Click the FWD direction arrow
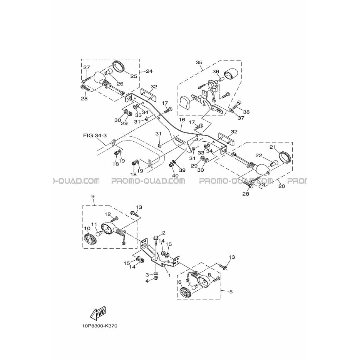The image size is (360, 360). [x=98, y=313]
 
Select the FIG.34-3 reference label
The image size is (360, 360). [x=95, y=136]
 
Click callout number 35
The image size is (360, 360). [x=199, y=62]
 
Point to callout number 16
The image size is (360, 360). [x=182, y=120]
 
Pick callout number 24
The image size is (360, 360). [x=149, y=71]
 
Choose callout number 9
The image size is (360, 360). [x=93, y=196]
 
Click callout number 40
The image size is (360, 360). [x=175, y=176]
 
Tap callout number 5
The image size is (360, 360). [x=231, y=291]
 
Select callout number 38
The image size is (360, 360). [x=246, y=112]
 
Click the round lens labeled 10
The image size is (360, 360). [x=90, y=239]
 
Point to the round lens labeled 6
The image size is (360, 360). [x=185, y=292]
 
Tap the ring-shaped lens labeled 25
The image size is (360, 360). [x=119, y=67]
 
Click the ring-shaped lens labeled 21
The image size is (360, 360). [x=285, y=158]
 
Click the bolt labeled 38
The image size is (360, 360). [x=237, y=105]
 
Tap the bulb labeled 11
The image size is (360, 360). [x=99, y=234]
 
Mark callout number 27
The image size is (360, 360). [x=87, y=67]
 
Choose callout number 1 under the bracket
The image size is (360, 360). [x=169, y=276]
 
